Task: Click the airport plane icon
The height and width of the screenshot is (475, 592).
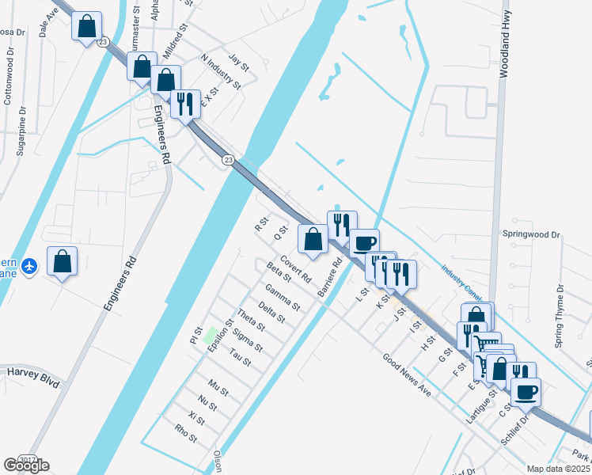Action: tap(29, 265)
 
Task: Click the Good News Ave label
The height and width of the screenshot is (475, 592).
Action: tap(407, 375)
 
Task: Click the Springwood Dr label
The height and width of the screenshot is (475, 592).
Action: tap(531, 235)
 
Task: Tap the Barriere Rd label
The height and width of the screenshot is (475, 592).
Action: tap(329, 278)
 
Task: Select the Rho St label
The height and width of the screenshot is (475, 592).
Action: tap(184, 433)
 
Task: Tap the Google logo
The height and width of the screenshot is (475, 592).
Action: tap(26, 465)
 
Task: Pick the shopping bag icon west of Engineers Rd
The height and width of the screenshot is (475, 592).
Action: tap(63, 260)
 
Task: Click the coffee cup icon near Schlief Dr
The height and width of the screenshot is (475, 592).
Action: tap(526, 390)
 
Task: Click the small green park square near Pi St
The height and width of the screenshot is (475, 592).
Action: tap(211, 332)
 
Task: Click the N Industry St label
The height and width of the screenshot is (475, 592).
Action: tap(221, 71)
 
